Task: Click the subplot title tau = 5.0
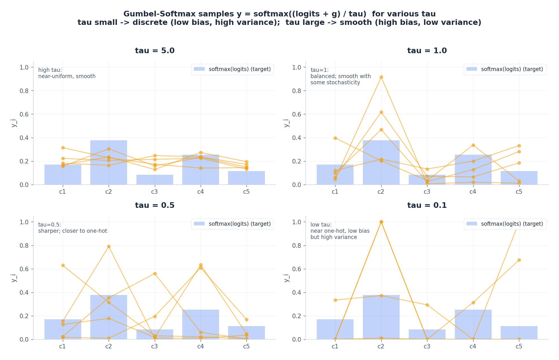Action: (x=155, y=51)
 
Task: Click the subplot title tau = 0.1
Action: (x=427, y=206)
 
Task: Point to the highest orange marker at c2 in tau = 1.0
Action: (x=381, y=77)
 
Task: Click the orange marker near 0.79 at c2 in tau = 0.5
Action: (x=109, y=247)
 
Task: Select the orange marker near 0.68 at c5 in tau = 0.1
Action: (x=519, y=260)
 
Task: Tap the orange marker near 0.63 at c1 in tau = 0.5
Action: (x=63, y=266)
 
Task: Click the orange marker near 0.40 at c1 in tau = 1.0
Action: (x=335, y=138)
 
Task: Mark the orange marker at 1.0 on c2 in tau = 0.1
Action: (x=381, y=222)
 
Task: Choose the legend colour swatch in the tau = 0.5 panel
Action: (x=199, y=224)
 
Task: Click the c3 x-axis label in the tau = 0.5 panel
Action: (x=154, y=346)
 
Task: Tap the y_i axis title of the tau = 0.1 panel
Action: (x=286, y=278)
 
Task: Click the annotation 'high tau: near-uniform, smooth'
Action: (x=67, y=73)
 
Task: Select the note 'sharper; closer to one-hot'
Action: (x=72, y=231)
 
